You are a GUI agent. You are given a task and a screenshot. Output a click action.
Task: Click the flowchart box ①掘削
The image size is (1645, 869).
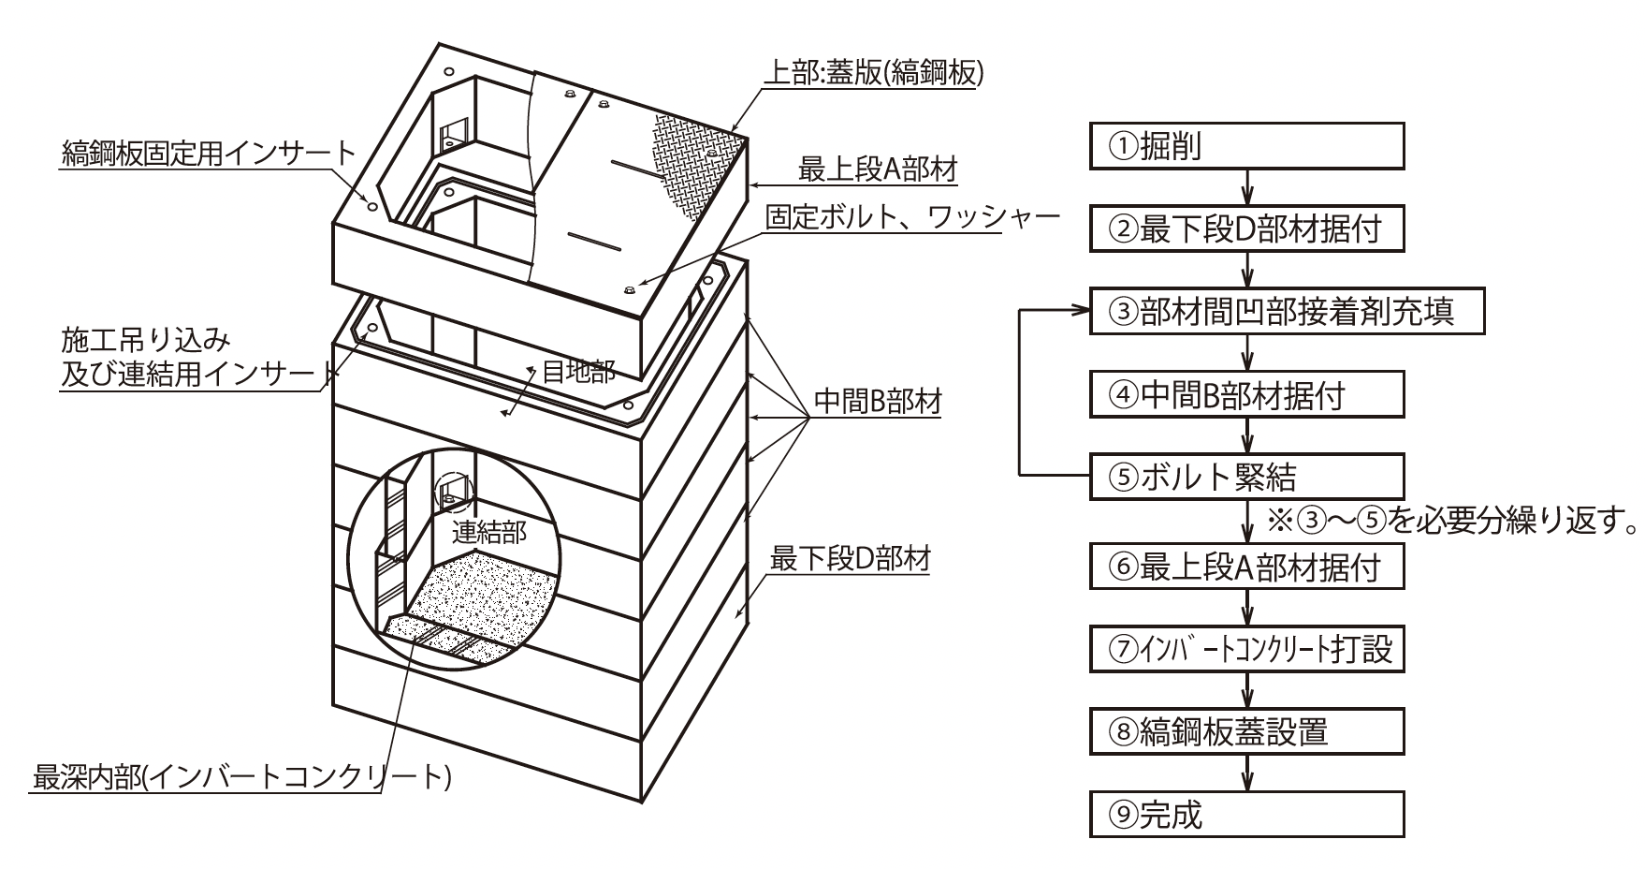click(1247, 146)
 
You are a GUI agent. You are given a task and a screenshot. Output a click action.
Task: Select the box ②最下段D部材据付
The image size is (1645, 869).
click(1247, 229)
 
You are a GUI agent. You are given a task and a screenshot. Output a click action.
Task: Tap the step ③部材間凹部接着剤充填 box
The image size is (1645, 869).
click(1287, 312)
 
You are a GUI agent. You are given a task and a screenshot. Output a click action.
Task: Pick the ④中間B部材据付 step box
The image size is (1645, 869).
click(1247, 395)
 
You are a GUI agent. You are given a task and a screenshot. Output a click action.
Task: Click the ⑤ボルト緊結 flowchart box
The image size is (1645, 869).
click(1247, 478)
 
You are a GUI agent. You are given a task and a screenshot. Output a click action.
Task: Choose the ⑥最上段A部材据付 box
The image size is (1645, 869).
click(1247, 567)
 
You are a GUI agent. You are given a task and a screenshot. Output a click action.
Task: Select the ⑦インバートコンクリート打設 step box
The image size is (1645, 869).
click(1247, 649)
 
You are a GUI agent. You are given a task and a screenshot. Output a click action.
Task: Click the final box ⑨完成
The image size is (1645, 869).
click(1247, 815)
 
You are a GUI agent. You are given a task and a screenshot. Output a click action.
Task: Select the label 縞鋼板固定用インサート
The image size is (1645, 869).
click(209, 153)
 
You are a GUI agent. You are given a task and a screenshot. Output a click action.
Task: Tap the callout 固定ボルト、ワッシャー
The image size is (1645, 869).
click(912, 217)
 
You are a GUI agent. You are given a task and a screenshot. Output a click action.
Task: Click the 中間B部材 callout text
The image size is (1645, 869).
click(877, 402)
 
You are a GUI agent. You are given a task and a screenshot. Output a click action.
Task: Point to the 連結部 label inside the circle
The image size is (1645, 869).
click(489, 533)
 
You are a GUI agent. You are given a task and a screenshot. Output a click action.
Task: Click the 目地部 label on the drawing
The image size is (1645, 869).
click(578, 373)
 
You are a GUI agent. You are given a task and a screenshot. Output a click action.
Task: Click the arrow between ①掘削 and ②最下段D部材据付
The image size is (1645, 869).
click(1247, 188)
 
